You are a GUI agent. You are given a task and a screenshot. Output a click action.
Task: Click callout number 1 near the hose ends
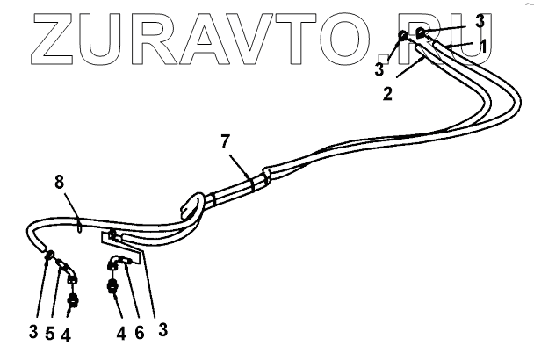[481, 43]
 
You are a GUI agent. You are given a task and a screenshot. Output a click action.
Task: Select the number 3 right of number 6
[162, 330]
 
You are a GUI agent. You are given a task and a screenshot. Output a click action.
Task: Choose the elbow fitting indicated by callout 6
[118, 263]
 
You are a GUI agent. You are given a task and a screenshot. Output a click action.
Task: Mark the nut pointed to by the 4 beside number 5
[74, 300]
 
